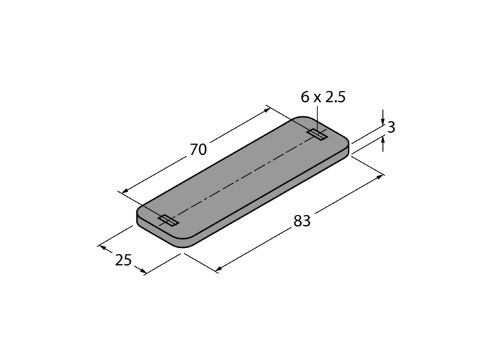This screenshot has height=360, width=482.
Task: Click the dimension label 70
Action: click(x=198, y=150)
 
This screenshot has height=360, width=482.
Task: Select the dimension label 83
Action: click(x=302, y=221)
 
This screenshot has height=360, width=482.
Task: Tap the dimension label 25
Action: click(x=123, y=260)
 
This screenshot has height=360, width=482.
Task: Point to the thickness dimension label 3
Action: click(x=391, y=127)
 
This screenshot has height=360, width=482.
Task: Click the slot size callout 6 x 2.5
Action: click(x=323, y=97)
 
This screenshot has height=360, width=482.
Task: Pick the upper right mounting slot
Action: click(x=317, y=134)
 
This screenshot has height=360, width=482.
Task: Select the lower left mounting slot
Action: click(x=168, y=220)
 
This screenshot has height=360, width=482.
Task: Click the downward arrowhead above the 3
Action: click(x=383, y=121)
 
